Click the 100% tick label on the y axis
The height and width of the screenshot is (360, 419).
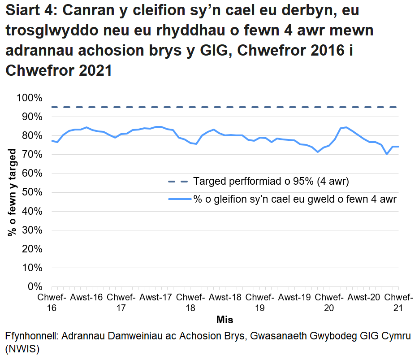(x=30, y=98)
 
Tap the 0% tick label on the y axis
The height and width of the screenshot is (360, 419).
(x=35, y=286)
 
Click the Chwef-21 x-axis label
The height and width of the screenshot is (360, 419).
(x=398, y=303)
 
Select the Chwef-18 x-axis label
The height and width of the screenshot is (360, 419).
(x=190, y=303)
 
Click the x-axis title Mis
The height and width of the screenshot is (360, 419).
(x=225, y=320)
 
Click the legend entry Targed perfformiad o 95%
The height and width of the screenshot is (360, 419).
(x=271, y=182)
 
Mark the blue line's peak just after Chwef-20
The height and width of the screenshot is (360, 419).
(x=346, y=127)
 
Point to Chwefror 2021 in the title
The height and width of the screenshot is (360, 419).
(x=58, y=70)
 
